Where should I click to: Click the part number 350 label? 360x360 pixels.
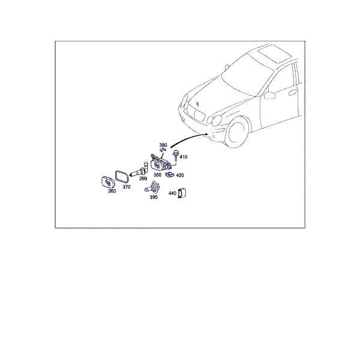(157, 175)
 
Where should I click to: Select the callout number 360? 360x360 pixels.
(112, 191)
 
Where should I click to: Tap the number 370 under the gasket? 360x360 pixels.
(127, 187)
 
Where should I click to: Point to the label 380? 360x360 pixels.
(163, 145)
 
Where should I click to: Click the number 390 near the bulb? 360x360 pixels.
(143, 178)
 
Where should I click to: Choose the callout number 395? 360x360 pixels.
(154, 197)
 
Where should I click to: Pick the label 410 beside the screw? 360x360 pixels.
(184, 157)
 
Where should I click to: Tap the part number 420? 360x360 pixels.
(180, 175)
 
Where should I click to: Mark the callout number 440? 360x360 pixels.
(172, 193)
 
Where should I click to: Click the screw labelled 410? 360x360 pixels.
(176, 155)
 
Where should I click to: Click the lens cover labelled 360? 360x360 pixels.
(107, 182)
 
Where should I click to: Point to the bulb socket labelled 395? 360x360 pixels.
(152, 188)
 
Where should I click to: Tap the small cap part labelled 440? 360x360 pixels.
(182, 193)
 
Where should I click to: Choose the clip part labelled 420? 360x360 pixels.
(169, 175)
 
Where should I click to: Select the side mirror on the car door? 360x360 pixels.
(269, 95)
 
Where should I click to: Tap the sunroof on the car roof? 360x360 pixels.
(275, 55)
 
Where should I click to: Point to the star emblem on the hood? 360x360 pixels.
(197, 104)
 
